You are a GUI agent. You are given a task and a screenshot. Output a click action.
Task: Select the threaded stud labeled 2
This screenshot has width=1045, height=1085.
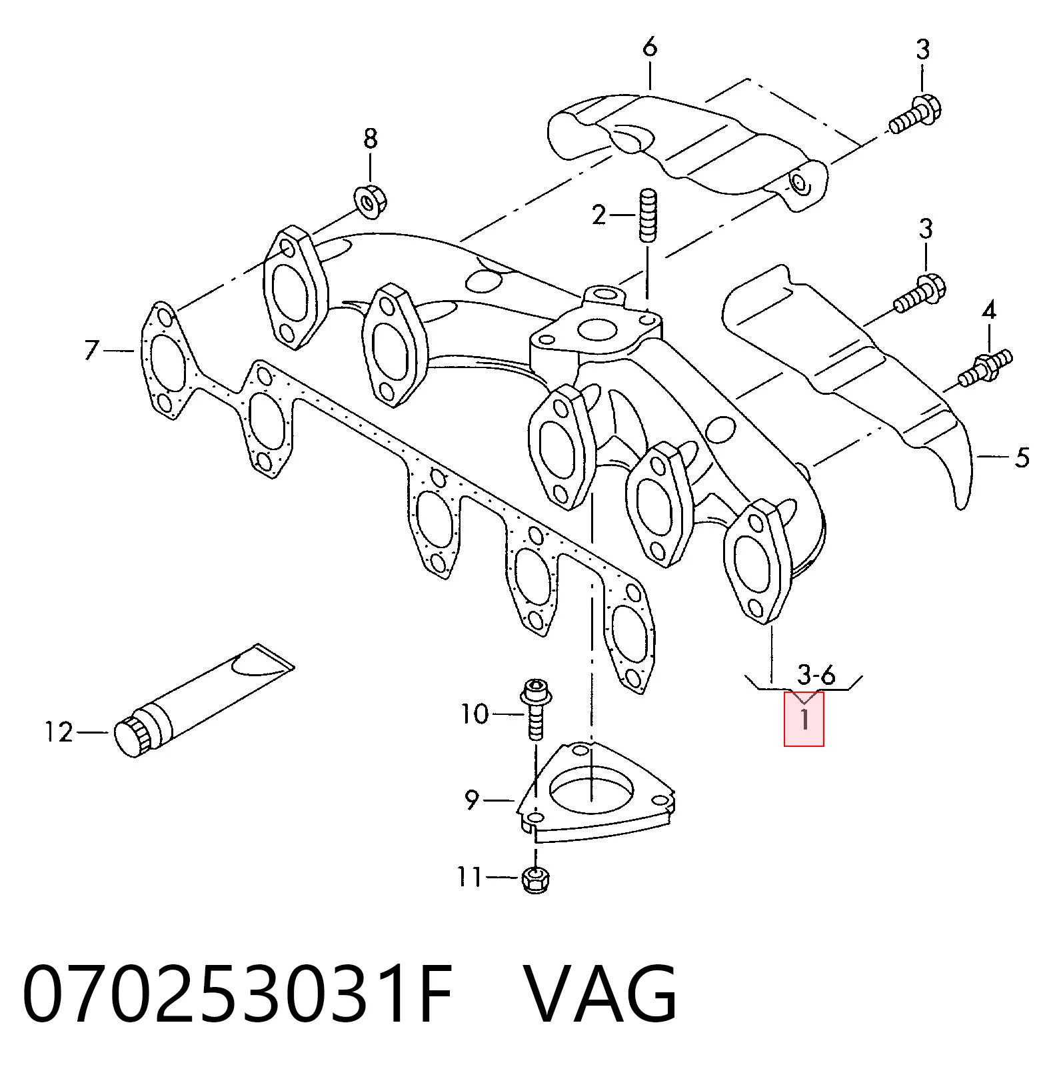point(648,215)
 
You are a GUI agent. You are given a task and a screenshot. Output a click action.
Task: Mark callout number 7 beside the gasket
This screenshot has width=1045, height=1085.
point(92,350)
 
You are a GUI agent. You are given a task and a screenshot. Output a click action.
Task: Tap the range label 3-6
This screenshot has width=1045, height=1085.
point(816,675)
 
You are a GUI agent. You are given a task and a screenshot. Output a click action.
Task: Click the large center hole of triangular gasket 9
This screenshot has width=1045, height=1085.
point(590,792)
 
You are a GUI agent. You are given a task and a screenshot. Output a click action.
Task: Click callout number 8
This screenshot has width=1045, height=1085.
point(371,139)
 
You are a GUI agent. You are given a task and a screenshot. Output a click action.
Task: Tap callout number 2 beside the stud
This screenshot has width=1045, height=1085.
point(599,215)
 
